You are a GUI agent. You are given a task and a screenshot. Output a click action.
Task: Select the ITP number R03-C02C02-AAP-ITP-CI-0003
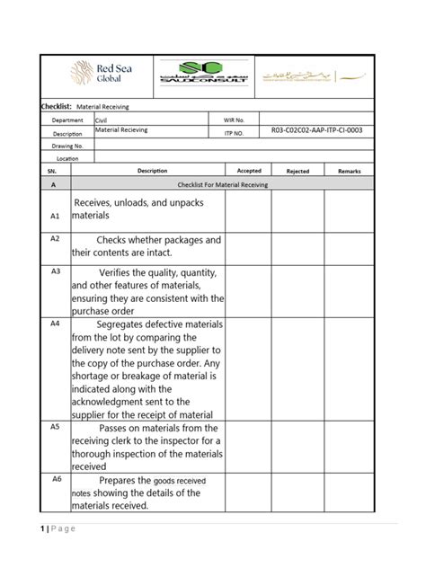pos(316,131)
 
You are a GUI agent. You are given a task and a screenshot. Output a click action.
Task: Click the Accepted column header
pos(248,170)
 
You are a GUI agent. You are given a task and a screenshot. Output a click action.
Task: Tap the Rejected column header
pos(297,170)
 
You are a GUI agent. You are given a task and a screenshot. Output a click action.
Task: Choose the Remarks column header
pos(349,170)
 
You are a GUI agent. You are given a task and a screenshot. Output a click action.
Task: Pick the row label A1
pos(54,217)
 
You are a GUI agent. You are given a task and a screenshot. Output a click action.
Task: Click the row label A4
pos(55,322)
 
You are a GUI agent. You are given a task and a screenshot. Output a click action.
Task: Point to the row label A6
pos(55,479)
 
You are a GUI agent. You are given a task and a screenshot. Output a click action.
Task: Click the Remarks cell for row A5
pos(349,446)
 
